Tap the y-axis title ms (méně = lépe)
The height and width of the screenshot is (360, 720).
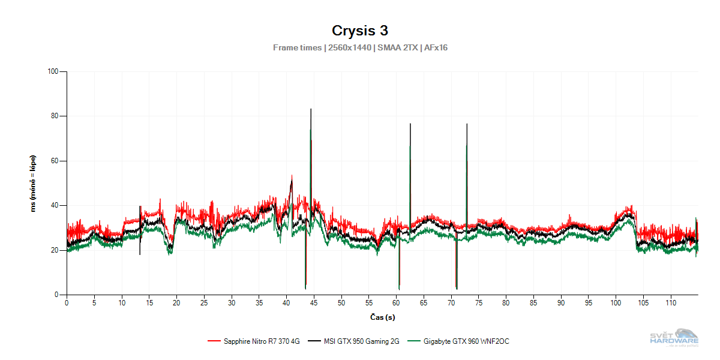click(x=34, y=183)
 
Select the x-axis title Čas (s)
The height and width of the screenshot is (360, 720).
click(x=382, y=317)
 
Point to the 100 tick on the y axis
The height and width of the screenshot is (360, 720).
click(x=52, y=71)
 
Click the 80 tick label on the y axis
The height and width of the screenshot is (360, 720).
click(x=55, y=116)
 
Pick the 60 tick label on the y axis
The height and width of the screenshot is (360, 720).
click(x=55, y=161)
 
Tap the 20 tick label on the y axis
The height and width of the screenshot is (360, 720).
click(x=55, y=250)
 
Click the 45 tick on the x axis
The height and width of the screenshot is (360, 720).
click(x=314, y=303)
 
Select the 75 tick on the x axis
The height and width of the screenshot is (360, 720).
click(x=479, y=303)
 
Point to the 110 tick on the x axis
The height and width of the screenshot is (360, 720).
click(x=671, y=303)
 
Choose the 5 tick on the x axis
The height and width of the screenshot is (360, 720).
click(x=94, y=303)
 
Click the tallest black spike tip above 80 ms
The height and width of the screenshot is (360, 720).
click(x=311, y=109)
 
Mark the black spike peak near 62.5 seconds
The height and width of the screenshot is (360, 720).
click(x=410, y=124)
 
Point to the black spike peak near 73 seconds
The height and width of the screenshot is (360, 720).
click(x=467, y=124)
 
